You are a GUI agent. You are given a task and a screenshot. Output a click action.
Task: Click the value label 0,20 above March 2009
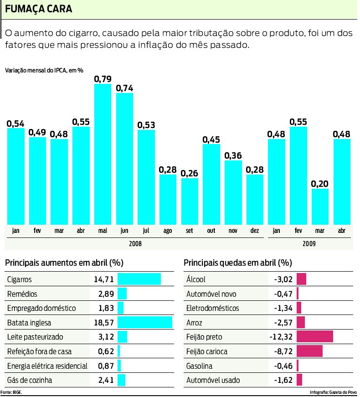[320, 184]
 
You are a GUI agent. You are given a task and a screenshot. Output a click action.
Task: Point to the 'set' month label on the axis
[190, 231]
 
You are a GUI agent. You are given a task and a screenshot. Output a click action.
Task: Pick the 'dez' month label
[255, 231]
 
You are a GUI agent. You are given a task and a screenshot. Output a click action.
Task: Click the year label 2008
[135, 244]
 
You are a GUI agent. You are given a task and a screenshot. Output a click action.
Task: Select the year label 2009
[309, 244]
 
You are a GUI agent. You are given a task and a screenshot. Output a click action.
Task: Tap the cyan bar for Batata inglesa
[145, 323]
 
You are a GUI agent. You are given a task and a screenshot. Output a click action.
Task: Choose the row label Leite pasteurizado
[35, 337]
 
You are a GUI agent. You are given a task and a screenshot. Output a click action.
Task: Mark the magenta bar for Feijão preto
[315, 337]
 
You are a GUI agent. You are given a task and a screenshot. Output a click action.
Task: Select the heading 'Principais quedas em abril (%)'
[237, 263]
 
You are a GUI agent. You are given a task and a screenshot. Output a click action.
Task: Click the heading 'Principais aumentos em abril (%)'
[64, 263]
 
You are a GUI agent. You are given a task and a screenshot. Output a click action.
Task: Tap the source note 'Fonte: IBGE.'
[11, 392]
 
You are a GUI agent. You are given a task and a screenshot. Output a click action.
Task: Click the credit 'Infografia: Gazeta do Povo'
[333, 392]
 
